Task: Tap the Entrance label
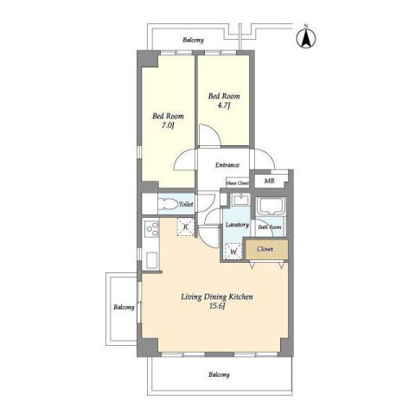(227, 164)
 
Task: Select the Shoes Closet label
(237, 183)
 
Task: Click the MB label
(269, 182)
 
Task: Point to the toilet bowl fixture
(182, 204)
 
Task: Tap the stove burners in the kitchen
(150, 230)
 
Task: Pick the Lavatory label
(237, 225)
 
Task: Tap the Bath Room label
(270, 227)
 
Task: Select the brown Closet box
(265, 249)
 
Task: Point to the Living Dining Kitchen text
(216, 297)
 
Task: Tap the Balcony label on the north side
(194, 41)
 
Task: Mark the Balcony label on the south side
(218, 374)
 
